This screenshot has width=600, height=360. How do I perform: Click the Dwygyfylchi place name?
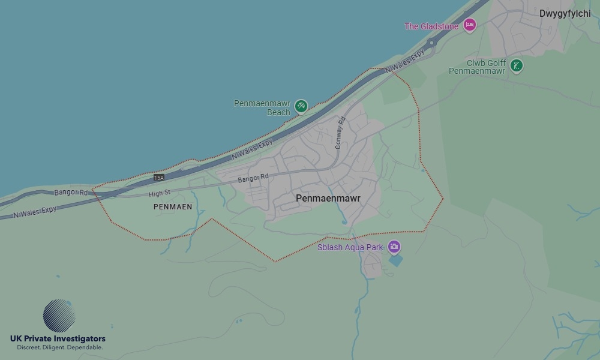coord(565,13)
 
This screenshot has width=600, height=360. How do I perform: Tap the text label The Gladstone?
coord(431,26)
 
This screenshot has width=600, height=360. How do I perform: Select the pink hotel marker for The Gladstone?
coord(470,25)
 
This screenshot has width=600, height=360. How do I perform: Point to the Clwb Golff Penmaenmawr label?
coord(477,67)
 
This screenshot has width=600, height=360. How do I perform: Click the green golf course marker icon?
coord(516,65)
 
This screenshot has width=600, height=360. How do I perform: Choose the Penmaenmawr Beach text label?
coord(262,107)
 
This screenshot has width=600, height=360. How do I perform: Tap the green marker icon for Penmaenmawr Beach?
coord(301,106)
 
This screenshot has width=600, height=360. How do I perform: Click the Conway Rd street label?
coord(341,133)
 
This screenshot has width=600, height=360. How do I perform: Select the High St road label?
coord(160,193)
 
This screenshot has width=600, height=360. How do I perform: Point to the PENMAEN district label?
coord(173,206)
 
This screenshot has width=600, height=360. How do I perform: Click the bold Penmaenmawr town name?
coord(328,197)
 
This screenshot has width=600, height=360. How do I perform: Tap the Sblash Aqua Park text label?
coord(351,247)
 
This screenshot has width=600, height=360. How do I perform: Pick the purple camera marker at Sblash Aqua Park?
coord(394,246)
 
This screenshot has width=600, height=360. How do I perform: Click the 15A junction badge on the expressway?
coord(158,178)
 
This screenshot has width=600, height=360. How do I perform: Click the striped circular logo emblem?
coord(59,316)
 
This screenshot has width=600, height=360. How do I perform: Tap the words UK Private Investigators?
coord(58,339)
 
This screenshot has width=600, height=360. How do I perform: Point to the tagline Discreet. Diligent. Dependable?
coord(59,348)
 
